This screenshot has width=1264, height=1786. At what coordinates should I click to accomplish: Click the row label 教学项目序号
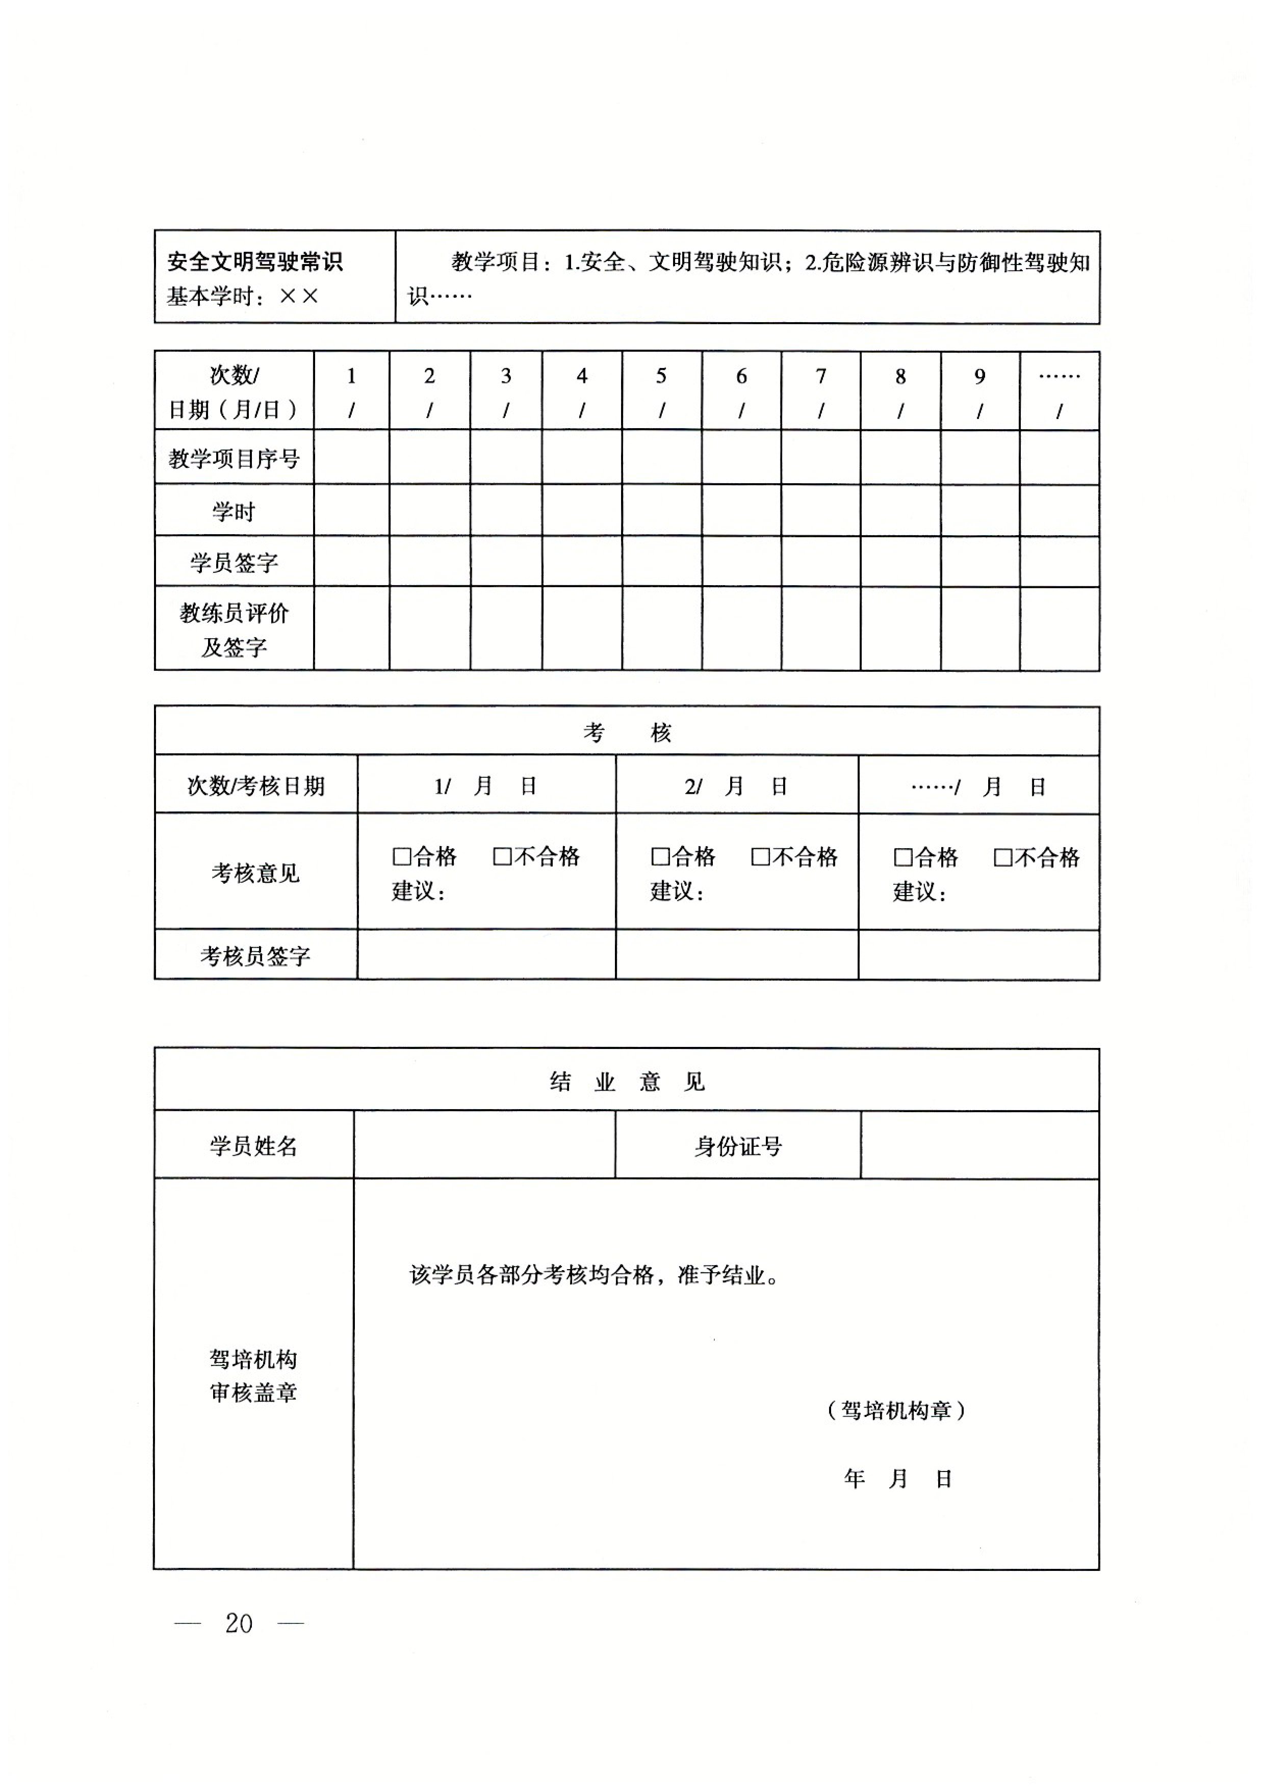(x=234, y=459)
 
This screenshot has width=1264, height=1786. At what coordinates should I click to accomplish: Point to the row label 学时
(x=234, y=511)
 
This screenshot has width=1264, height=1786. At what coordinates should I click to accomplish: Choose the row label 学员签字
(x=234, y=562)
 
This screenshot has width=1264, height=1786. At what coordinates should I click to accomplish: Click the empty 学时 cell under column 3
(x=506, y=510)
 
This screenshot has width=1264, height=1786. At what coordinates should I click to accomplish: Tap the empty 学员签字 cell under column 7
(x=820, y=562)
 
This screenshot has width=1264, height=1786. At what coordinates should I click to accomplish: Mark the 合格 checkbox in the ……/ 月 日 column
(x=903, y=858)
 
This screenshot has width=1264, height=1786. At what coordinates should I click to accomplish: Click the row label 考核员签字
(x=255, y=956)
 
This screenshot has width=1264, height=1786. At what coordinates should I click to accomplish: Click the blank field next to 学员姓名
(x=484, y=1146)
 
